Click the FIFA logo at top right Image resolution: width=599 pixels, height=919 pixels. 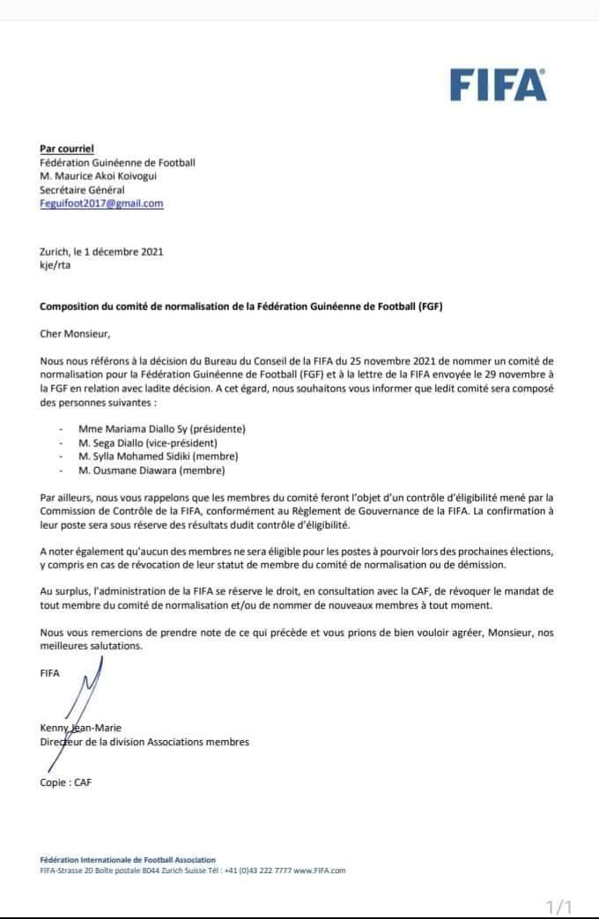pos(498,86)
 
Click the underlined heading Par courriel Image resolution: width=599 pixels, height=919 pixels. pos(67,149)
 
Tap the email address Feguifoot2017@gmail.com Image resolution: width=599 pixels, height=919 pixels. pos(102,204)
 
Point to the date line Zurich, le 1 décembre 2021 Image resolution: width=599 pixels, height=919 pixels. pos(101,251)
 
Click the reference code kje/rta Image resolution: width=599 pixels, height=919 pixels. pos(55,265)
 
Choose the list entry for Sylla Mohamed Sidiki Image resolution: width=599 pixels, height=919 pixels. pos(164,456)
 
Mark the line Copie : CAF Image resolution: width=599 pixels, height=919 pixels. pos(65,782)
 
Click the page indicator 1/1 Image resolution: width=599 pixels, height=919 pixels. pos(559,906)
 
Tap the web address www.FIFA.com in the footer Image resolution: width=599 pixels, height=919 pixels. pos(320,870)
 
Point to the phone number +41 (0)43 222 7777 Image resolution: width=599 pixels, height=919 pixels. pos(255,870)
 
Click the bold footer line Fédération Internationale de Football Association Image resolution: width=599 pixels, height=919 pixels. pos(128,859)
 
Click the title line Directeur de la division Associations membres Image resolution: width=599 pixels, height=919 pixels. pos(144,742)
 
